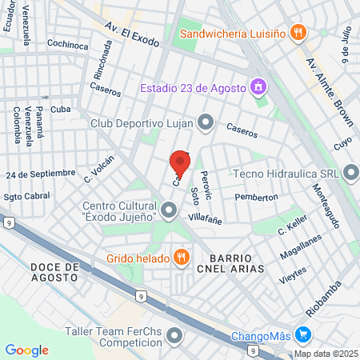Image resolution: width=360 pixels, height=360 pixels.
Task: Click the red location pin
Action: pos(180,163)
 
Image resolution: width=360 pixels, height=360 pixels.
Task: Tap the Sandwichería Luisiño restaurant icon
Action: pos(298,33)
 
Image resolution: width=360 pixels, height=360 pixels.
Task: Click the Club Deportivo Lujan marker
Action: pos(206,122)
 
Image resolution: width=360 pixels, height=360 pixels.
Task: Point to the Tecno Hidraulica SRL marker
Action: pos(350,173)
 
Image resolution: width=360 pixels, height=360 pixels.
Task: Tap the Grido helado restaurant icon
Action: pos(182,257)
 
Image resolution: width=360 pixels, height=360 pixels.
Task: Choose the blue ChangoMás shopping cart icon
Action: pos(302,334)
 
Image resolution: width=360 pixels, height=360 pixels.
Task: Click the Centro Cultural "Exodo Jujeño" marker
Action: pos(168,211)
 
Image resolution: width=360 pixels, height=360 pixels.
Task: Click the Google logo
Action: pos(26,350)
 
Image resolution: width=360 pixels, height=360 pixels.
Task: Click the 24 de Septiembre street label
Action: pos(40,174)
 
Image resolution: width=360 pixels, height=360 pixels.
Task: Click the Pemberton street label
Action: pos(256,197)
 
